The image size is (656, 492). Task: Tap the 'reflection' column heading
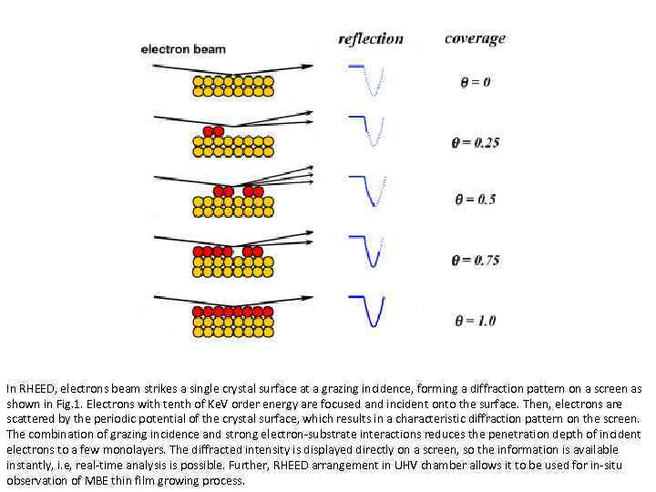[x=370, y=38]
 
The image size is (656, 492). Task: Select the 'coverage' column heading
[x=475, y=38]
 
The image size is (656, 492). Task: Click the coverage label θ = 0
[x=475, y=82]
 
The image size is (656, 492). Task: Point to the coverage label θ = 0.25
[x=475, y=142]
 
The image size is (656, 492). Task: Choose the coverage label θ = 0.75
[x=475, y=260]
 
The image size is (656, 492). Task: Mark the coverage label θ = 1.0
[x=475, y=320]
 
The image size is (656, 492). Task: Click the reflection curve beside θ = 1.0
[x=371, y=310]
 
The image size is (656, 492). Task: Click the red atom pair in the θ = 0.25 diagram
[x=213, y=132]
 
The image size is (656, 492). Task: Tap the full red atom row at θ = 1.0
[x=233, y=312]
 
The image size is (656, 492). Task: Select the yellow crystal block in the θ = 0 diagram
[x=233, y=87]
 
